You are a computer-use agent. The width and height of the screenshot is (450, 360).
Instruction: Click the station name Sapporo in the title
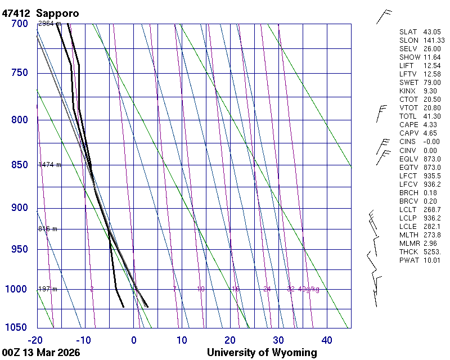click(58, 13)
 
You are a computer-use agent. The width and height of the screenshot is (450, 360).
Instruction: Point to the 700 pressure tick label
click(19, 24)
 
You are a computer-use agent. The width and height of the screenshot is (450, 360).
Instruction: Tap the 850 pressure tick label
click(19, 165)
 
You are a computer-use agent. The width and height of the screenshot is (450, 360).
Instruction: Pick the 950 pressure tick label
click(19, 249)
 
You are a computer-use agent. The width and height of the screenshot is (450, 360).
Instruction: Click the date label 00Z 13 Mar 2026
click(40, 353)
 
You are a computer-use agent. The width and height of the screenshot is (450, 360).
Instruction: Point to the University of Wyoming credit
click(262, 353)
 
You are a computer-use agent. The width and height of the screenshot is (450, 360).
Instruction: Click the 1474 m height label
click(49, 165)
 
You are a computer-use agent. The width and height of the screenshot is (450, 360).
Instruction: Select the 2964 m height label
click(49, 24)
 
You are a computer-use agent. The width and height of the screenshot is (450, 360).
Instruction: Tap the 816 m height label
click(48, 229)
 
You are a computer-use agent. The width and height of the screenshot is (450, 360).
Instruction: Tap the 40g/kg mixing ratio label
click(309, 289)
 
